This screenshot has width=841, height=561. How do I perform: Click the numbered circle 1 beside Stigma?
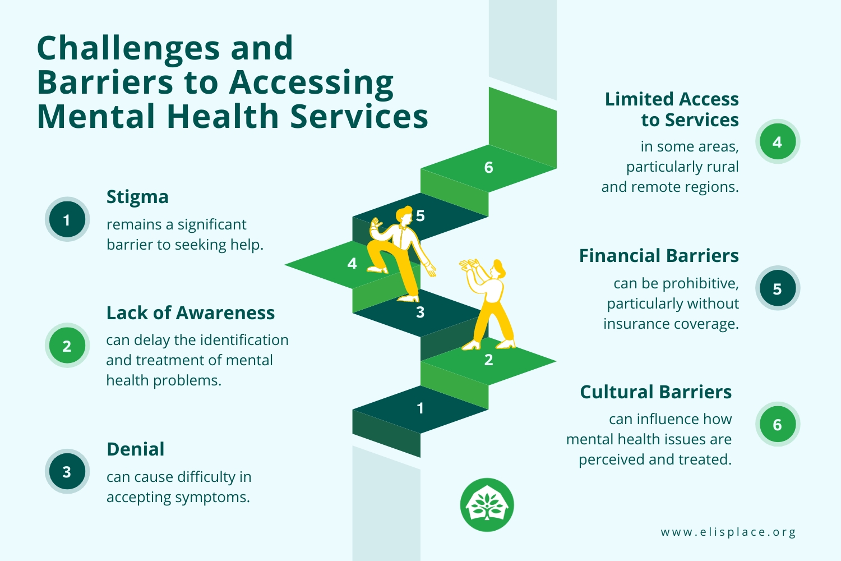(x=67, y=219)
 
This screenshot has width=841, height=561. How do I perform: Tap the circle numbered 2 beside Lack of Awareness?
(x=67, y=346)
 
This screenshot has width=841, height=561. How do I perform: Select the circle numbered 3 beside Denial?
(x=67, y=471)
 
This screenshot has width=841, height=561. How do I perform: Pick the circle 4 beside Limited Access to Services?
(x=777, y=142)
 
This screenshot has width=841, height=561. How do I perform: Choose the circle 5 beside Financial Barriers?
(x=777, y=288)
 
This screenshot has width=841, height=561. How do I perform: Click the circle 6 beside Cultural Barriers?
(x=777, y=425)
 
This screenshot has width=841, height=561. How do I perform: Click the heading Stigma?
(x=137, y=197)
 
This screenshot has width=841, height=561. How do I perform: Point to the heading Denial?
(x=136, y=449)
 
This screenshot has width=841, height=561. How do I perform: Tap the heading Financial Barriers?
(x=659, y=256)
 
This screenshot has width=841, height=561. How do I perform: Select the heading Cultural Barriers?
(x=655, y=392)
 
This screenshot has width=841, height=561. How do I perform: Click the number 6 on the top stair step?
(x=488, y=167)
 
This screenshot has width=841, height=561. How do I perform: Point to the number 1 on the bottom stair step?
(x=420, y=408)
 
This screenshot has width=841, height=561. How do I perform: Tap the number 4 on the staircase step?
(x=352, y=263)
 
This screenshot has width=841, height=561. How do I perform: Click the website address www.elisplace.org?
(x=728, y=532)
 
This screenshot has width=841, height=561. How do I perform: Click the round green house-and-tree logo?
(x=487, y=505)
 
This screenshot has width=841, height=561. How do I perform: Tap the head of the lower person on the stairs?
(x=498, y=269)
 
